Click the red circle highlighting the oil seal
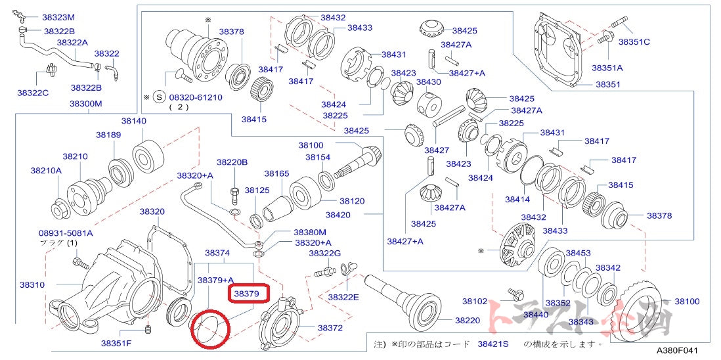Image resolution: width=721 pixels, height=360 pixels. click(x=209, y=328)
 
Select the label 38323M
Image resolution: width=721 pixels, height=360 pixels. click(x=58, y=17)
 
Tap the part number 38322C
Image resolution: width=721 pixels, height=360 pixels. click(x=33, y=93)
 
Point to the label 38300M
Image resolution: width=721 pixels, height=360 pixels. click(x=86, y=104)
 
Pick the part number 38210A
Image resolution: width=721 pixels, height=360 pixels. click(x=45, y=170)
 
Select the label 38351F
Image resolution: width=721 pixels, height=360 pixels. click(x=116, y=342)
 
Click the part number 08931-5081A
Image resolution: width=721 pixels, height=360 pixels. click(x=66, y=233)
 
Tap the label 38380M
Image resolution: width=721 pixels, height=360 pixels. click(x=310, y=232)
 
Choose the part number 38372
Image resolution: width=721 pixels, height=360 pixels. click(x=330, y=327)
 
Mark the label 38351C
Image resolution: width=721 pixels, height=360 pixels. click(x=634, y=41)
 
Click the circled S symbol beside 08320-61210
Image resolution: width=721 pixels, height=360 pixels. click(x=158, y=97)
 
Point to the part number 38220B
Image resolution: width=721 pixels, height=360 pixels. click(x=232, y=162)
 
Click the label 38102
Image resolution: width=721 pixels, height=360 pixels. click(x=475, y=301)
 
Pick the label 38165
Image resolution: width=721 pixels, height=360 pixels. click(x=276, y=173)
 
